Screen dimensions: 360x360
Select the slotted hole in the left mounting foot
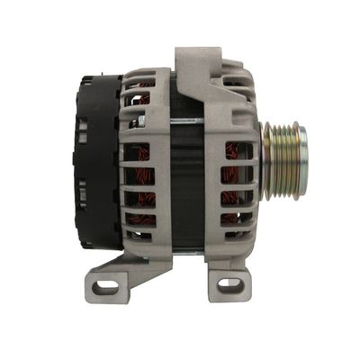coord(106,288)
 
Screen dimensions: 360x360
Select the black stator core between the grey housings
coord(187,180)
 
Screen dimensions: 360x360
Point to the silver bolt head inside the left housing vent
coord(139,120)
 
